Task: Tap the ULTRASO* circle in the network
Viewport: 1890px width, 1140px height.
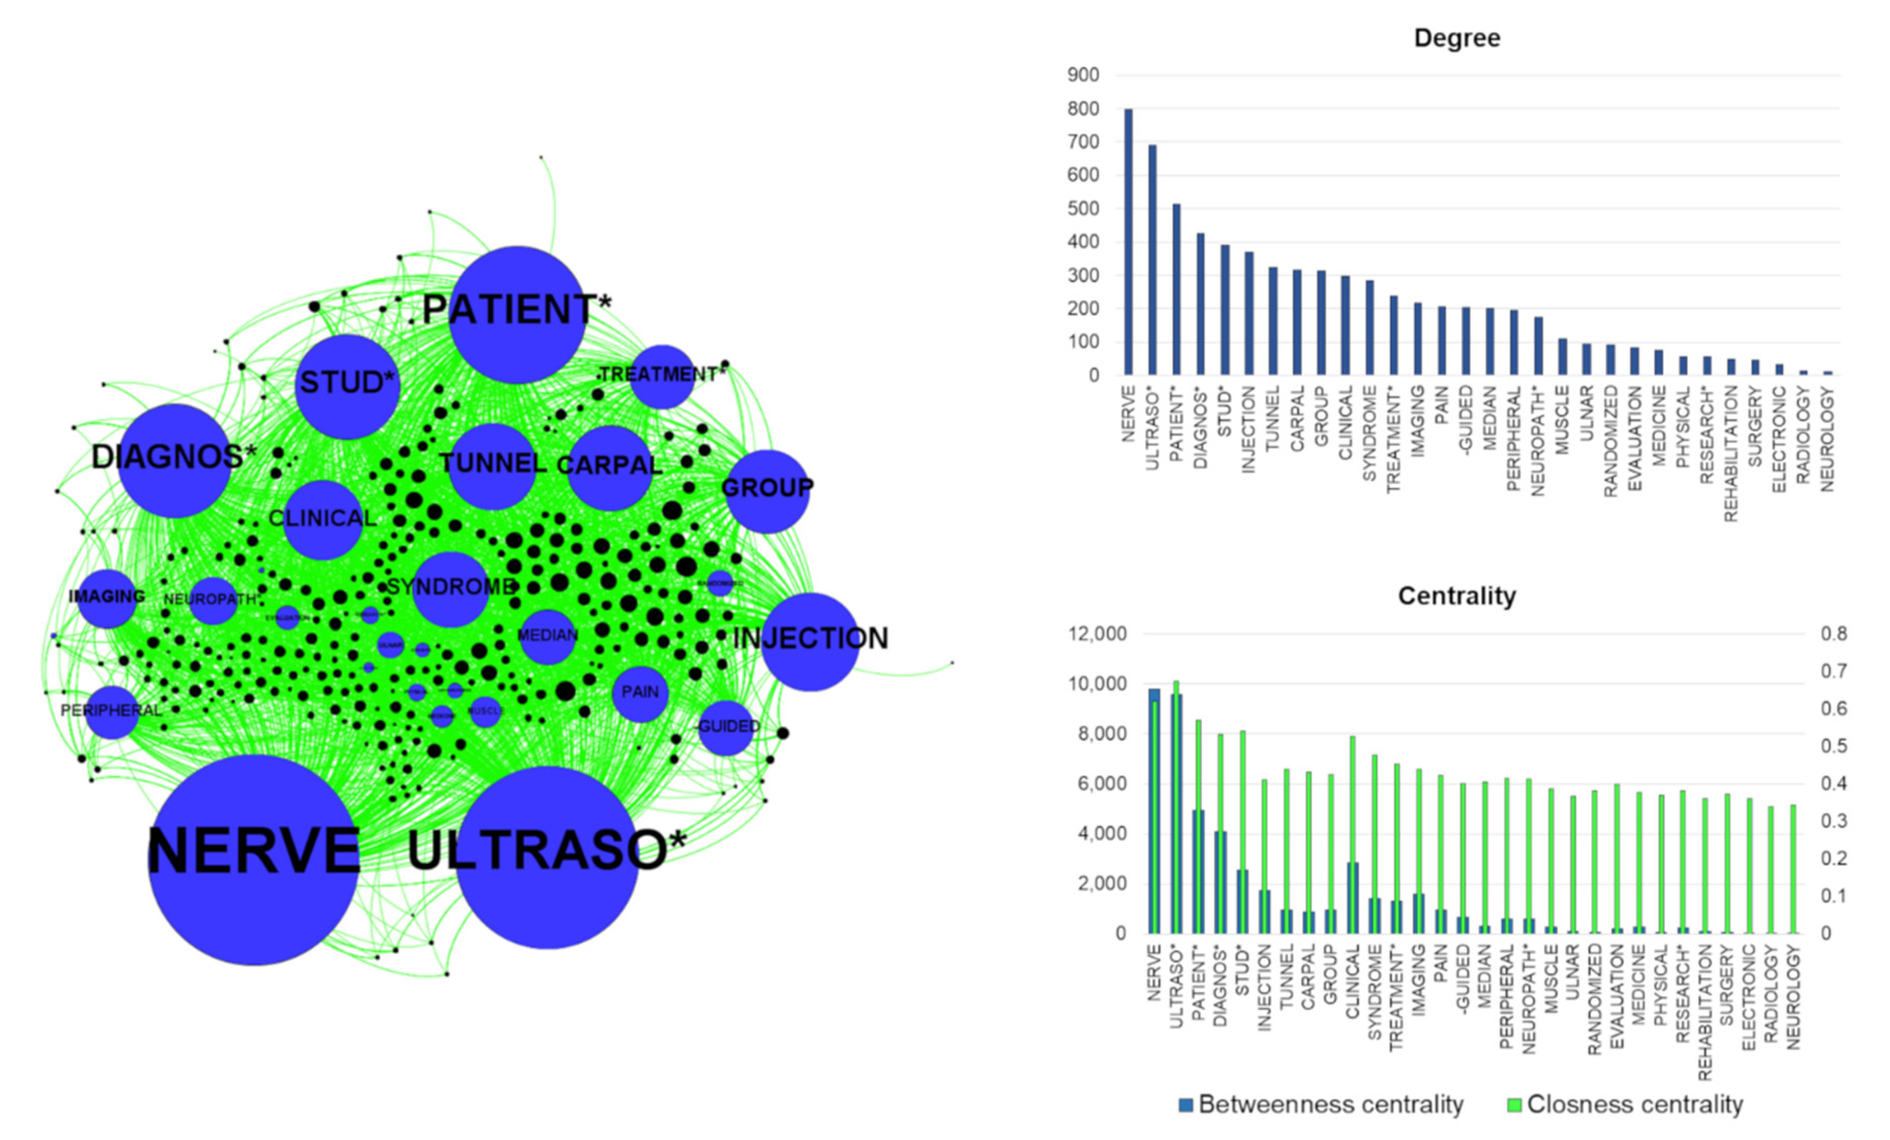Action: pos(547,857)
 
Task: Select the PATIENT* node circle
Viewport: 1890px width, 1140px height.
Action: pos(517,315)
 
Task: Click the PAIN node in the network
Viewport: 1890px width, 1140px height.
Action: pos(640,693)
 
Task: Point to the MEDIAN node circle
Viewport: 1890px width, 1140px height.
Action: pos(547,636)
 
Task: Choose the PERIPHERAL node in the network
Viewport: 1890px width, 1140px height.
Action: pos(112,712)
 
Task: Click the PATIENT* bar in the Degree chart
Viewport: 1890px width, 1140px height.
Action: pos(1176,289)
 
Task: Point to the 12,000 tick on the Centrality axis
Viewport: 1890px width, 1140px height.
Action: pos(1098,634)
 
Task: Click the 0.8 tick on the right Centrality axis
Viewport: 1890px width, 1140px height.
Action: pos(1833,634)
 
